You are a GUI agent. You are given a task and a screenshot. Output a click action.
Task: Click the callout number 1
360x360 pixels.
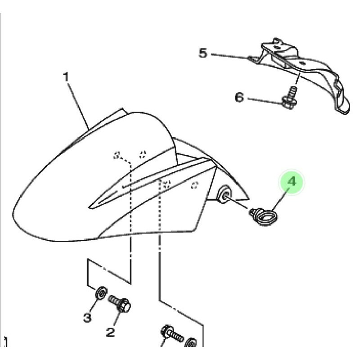66,77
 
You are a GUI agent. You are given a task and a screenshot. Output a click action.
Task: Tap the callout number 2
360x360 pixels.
110,332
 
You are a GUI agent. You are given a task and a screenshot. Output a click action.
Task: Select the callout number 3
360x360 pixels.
87,318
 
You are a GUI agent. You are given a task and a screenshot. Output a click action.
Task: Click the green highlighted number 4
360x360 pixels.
292,182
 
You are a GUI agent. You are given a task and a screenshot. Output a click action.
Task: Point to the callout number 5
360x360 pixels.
203,53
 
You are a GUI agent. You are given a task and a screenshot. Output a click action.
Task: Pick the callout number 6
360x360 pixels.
239,98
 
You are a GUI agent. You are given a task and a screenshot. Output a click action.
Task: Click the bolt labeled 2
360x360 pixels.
120,303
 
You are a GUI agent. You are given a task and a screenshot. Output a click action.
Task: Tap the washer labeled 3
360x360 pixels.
101,293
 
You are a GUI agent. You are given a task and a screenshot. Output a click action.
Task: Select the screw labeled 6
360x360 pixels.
289,98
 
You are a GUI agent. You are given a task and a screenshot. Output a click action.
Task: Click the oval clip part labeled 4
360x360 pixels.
264,216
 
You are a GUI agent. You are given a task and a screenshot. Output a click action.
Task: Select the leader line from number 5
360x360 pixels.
229,56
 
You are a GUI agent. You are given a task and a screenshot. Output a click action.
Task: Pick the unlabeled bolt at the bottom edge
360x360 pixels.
172,334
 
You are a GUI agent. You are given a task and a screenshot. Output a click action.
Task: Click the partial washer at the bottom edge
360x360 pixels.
190,342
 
